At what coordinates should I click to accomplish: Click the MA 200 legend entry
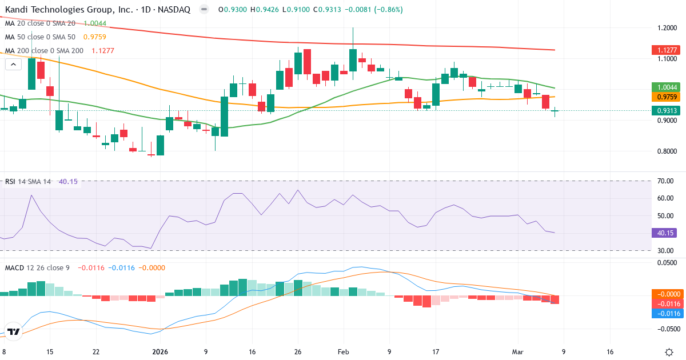[44, 50]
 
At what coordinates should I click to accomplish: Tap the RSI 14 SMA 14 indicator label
[29, 181]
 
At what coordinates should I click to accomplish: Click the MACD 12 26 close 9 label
[37, 267]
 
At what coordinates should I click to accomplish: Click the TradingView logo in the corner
[14, 331]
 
